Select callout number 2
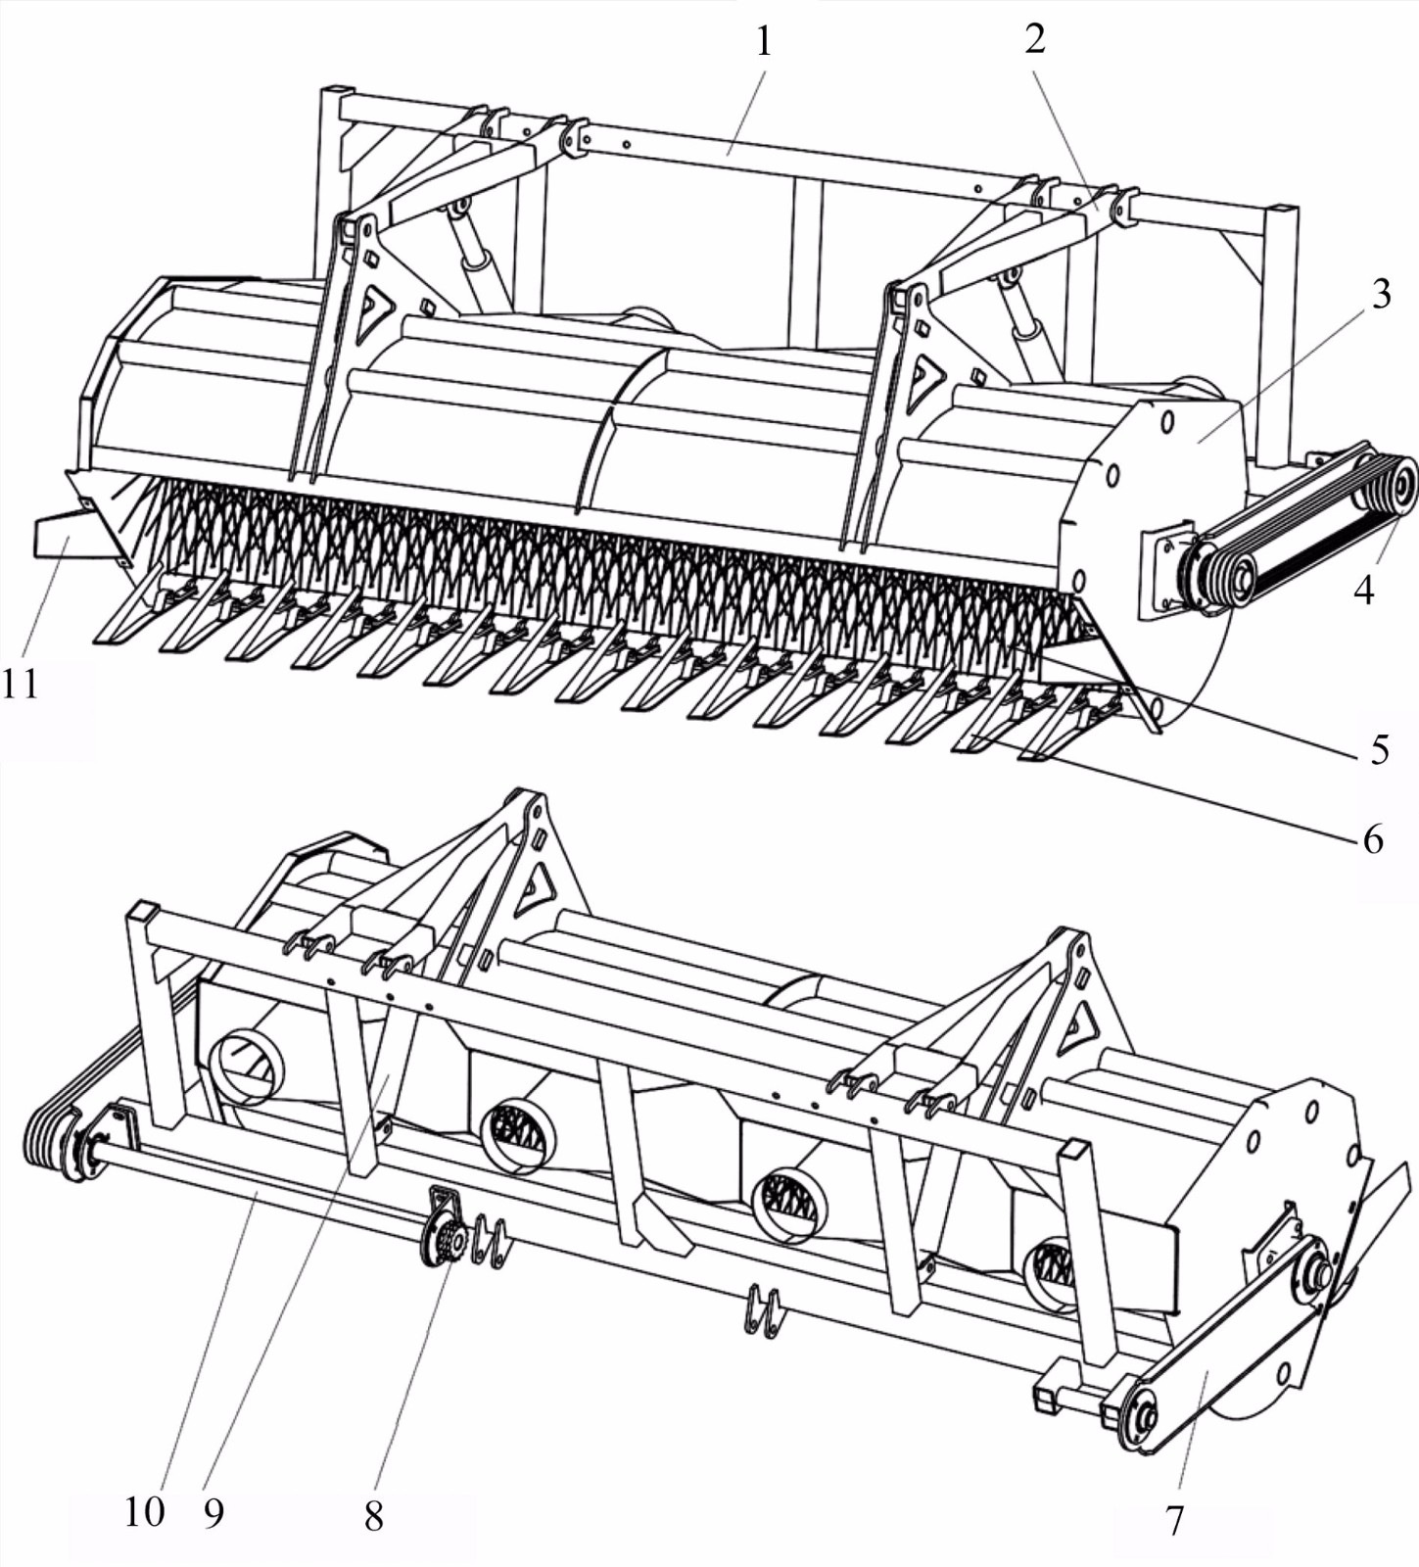point(1035,39)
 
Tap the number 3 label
point(1381,294)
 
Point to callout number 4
point(1363,590)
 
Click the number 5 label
point(1380,749)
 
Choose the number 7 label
point(1174,1520)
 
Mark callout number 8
point(373,1516)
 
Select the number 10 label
point(144,1511)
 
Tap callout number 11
point(21,683)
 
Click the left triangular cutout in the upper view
point(373,311)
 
